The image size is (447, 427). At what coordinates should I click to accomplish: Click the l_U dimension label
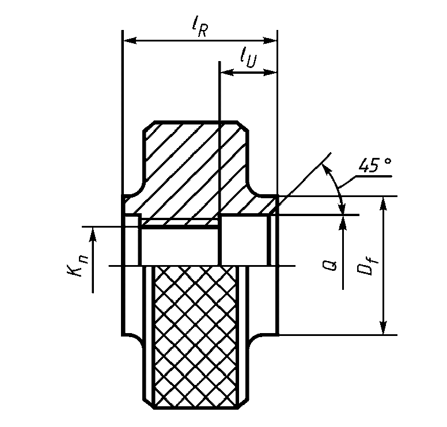248,58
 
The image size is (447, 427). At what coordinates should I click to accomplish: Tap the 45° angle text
374,165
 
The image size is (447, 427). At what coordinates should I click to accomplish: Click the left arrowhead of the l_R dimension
130,40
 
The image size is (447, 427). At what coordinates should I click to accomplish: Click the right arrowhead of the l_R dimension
270,40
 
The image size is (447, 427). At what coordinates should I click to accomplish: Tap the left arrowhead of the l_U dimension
227,73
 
